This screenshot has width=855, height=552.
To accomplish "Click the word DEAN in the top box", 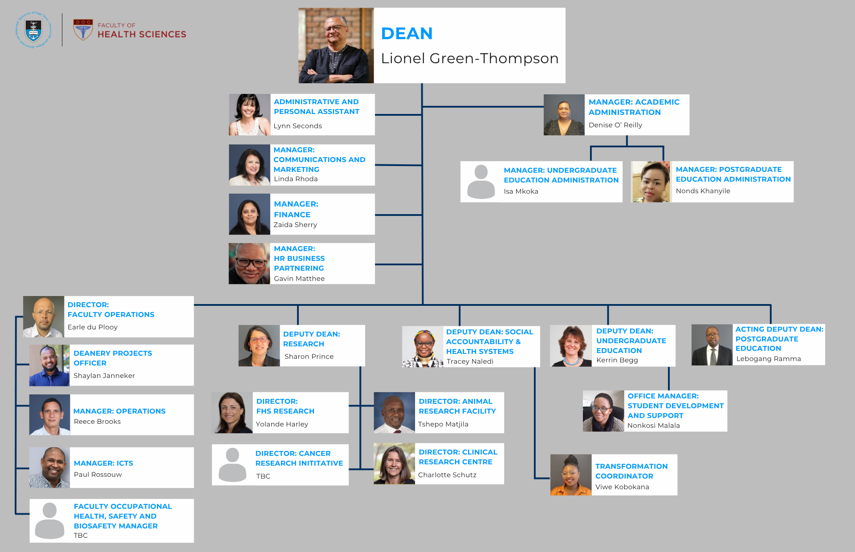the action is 407,34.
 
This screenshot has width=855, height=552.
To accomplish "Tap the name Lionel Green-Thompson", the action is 469,59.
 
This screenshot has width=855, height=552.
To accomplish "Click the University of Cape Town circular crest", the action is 34,30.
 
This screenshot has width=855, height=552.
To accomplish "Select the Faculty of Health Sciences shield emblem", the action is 83,30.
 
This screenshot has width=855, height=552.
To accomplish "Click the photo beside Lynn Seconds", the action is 249,114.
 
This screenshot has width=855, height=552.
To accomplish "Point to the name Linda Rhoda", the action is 296,179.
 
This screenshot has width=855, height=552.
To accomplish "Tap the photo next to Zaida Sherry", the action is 249,214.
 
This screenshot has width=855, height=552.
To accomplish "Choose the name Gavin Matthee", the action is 299,279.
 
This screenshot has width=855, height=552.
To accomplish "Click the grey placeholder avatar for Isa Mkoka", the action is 481,182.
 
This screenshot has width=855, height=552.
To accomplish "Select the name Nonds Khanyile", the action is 703,191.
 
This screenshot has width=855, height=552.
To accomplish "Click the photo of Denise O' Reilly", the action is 564,115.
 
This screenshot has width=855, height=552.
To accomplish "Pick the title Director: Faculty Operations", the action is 111,310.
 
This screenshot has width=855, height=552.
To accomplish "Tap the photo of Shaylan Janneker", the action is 49,365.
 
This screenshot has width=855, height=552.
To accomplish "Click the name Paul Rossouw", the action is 98,475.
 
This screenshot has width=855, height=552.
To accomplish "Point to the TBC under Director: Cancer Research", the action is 263,476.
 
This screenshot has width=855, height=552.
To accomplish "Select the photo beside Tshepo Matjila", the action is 394,413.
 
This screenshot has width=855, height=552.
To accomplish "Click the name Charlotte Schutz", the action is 447,475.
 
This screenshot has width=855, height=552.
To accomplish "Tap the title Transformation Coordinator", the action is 631,471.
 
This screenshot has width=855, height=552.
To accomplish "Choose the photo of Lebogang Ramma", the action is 712,345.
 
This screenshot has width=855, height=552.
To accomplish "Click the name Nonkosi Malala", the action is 653,426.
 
